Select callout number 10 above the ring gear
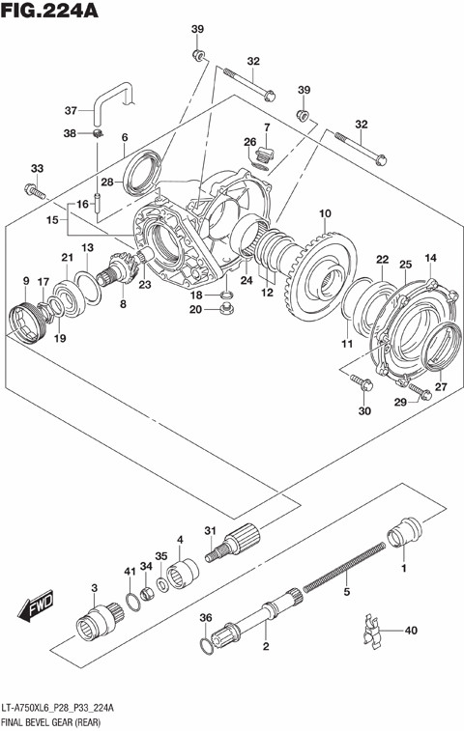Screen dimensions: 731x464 [325, 213]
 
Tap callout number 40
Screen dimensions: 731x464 [411, 632]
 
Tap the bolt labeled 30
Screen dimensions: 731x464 [361, 384]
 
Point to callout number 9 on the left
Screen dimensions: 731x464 [25, 281]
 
